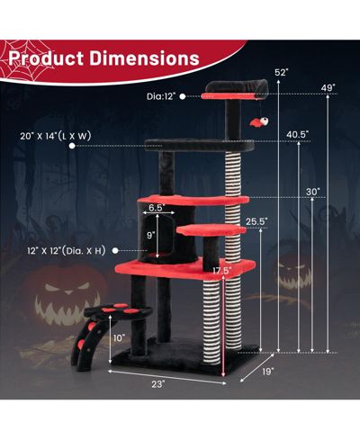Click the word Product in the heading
point(46,58)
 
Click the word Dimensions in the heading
point(145,58)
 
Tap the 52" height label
point(281,72)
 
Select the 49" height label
point(328,88)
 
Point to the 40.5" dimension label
point(297,134)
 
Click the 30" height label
point(313,192)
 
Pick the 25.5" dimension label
point(256,221)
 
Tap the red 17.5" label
point(222,271)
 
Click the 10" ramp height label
point(119,338)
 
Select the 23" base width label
point(158,384)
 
